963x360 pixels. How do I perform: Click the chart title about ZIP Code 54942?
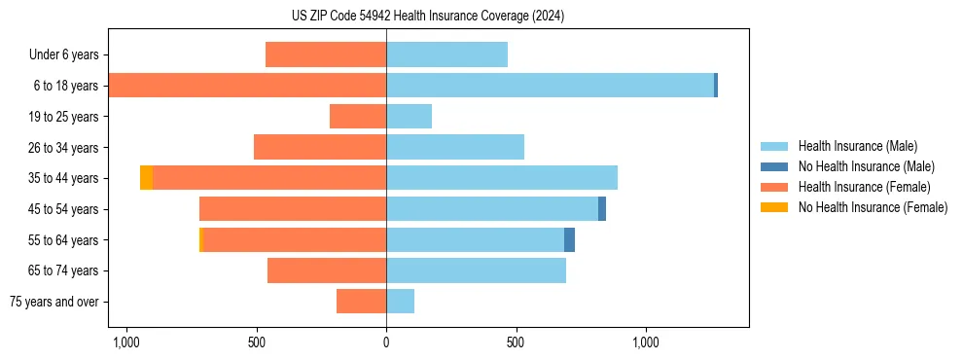coord(428,16)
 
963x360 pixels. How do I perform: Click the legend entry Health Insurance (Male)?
coord(856,146)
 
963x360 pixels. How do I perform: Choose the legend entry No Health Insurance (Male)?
coord(865,166)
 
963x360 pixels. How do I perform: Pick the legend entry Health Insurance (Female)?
coord(864,187)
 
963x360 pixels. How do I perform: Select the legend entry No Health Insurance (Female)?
coord(873,207)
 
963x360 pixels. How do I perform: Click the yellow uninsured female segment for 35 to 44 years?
coord(146,178)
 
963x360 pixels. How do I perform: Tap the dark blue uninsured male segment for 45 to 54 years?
coord(602,209)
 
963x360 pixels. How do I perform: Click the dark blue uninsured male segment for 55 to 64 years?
coord(569,239)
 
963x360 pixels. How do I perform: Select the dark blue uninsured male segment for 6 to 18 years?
coord(716,86)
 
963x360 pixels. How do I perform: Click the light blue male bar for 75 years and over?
coord(400,302)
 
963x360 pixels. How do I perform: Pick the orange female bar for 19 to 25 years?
coord(358,117)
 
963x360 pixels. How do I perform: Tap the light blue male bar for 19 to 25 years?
coord(409,117)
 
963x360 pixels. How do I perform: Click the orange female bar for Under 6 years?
coord(326,54)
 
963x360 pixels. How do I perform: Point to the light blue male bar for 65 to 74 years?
coord(476,270)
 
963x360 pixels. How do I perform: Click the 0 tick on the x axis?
coord(386,342)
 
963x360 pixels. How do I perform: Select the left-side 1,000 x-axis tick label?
coord(126,342)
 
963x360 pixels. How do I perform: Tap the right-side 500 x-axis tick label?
coord(516,342)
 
